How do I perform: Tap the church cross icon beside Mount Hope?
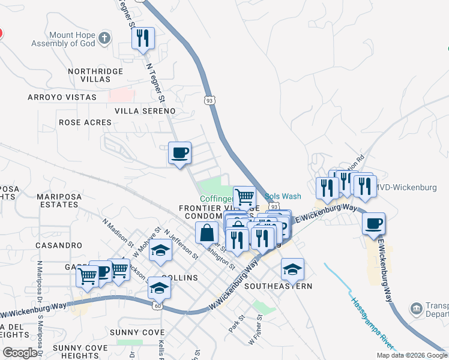pyautogui.click(x=105, y=38)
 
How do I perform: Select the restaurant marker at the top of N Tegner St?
pyautogui.click(x=143, y=39)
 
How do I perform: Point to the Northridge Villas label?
pyautogui.click(x=95, y=75)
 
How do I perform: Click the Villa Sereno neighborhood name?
pyautogui.click(x=145, y=111)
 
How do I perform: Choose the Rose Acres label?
pyautogui.click(x=85, y=122)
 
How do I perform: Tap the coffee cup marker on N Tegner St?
pyautogui.click(x=179, y=154)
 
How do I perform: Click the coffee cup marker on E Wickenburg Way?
pyautogui.click(x=375, y=224)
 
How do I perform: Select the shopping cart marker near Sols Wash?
pyautogui.click(x=244, y=196)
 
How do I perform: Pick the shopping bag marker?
pyautogui.click(x=206, y=232)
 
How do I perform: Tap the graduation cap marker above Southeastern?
pyautogui.click(x=292, y=269)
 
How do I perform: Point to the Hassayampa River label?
pyautogui.click(x=372, y=323)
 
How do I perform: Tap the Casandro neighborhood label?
pyautogui.click(x=59, y=245)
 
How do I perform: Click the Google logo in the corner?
pyautogui.click(x=20, y=353)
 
